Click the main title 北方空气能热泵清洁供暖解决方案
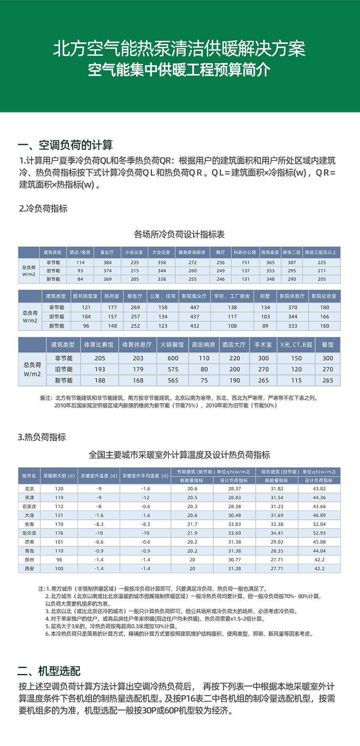[179, 49]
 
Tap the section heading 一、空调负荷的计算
[65, 145]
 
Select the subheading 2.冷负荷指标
[43, 208]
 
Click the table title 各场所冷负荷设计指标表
[179, 234]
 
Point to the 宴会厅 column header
[107, 252]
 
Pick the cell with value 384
[108, 262]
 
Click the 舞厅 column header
[220, 252]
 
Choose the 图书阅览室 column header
[85, 296]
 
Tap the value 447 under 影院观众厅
[195, 308]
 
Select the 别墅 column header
[265, 296]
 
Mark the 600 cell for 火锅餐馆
[173, 358]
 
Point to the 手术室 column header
[263, 345]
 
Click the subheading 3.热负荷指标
[42, 437]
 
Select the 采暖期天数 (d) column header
[59, 476]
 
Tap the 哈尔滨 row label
[29, 533]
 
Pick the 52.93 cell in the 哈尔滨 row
[319, 533]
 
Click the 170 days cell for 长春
[59, 524]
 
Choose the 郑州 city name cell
[29, 560]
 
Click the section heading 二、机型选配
[49, 671]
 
